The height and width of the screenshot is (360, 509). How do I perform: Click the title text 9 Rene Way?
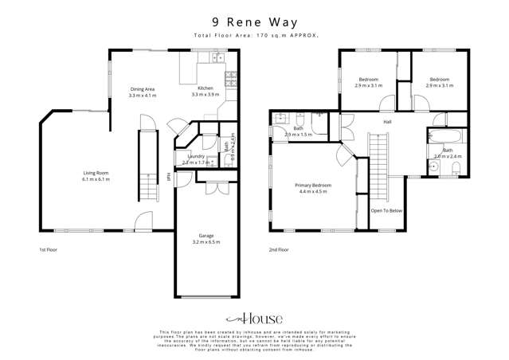255,22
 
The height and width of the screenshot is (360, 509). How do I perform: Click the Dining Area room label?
143,88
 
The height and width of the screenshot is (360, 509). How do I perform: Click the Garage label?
206,235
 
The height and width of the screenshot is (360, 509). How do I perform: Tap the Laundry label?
196,156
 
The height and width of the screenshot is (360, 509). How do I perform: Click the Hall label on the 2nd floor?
387,122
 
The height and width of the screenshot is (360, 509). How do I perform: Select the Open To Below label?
387,211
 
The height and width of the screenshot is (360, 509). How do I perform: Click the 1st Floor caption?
48,249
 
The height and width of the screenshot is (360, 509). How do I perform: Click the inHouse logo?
254,318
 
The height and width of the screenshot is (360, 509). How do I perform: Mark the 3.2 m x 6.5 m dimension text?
206,242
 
